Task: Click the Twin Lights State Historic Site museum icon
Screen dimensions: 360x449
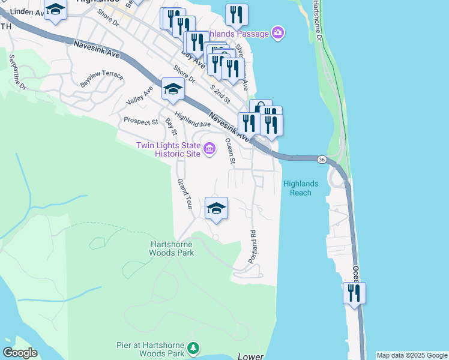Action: click(x=209, y=148)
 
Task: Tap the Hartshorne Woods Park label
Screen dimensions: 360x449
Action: click(x=171, y=248)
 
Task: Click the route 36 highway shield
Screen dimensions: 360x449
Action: click(x=322, y=159)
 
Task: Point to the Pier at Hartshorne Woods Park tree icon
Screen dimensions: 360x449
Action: click(x=193, y=348)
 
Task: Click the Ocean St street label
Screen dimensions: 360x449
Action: click(x=229, y=151)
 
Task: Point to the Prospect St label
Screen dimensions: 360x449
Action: click(x=140, y=121)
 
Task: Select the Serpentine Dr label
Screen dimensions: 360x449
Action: click(x=18, y=73)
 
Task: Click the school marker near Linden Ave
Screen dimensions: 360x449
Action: click(x=55, y=11)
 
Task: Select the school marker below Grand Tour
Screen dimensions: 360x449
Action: click(x=216, y=209)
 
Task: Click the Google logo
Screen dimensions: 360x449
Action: click(x=20, y=353)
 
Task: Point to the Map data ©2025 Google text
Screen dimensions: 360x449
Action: click(x=412, y=355)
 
